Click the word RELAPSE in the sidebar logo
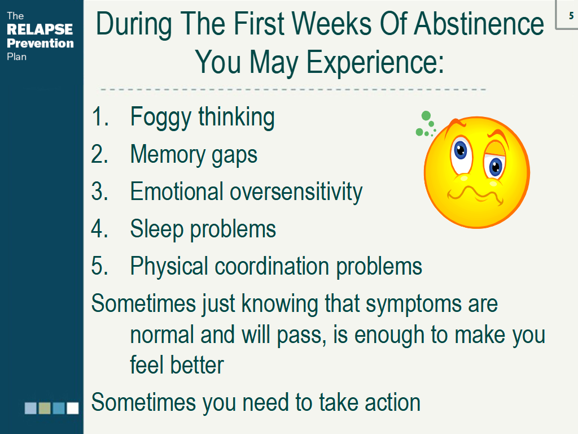pos(40,29)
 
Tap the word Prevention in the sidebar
pos(40,43)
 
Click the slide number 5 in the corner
pos(571,16)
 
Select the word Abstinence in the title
pos(479,24)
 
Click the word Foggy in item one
pos(161,118)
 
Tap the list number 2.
pos(99,154)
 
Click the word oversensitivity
pos(296,192)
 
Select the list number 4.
pos(99,229)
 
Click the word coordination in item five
pos(272,266)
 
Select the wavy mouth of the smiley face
pos(475,194)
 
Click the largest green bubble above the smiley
pos(426,115)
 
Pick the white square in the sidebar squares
pos(73,408)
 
